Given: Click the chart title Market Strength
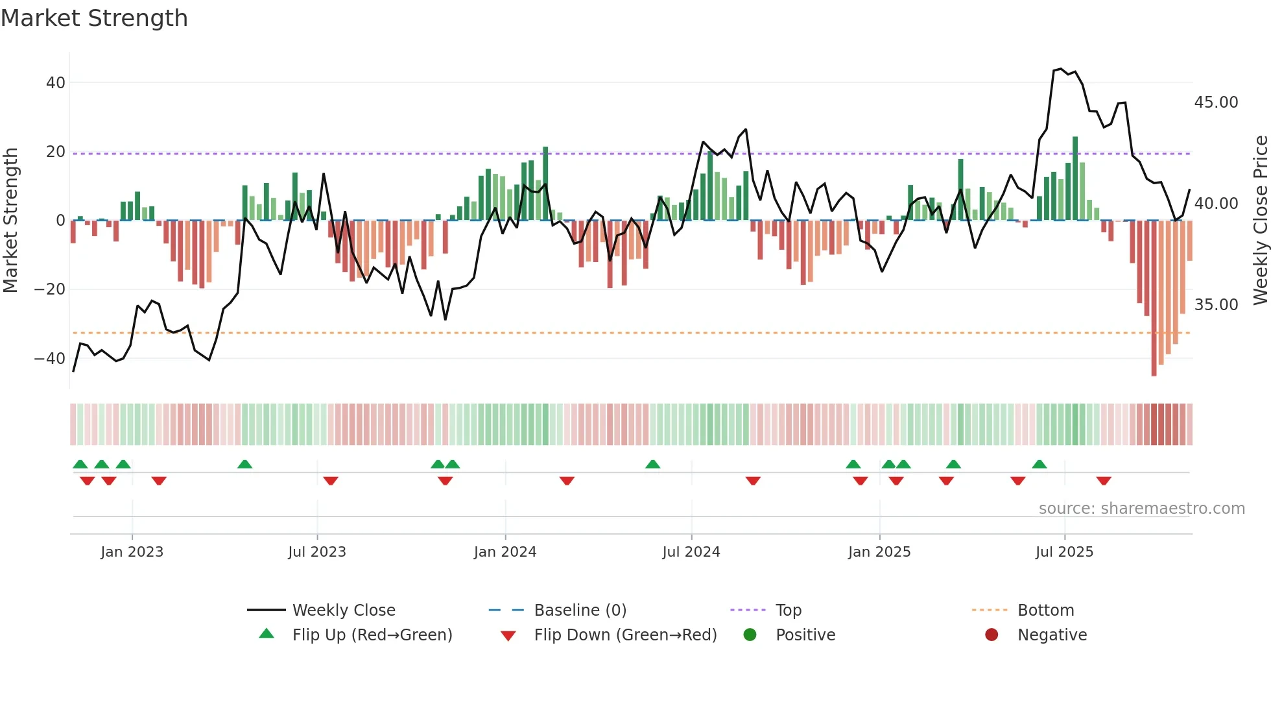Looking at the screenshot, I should click(x=94, y=18).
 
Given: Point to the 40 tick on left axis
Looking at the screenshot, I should click(x=56, y=83).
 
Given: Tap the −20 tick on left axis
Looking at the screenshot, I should click(x=50, y=289).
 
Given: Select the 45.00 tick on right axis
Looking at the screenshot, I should click(x=1216, y=103).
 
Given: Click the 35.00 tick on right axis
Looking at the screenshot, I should click(x=1216, y=305).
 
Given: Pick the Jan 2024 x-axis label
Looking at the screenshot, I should click(x=505, y=552).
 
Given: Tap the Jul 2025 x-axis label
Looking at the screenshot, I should click(x=1064, y=552).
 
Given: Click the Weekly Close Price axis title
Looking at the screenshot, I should click(x=1260, y=221).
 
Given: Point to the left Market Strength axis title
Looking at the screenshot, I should click(x=10, y=221).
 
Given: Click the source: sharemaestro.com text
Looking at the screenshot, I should click(x=1141, y=509).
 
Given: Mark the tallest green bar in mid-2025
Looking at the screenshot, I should click(x=1075, y=178).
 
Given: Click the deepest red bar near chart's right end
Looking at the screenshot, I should click(x=1154, y=298).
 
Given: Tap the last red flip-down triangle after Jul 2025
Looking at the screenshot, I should click(x=1104, y=481).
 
